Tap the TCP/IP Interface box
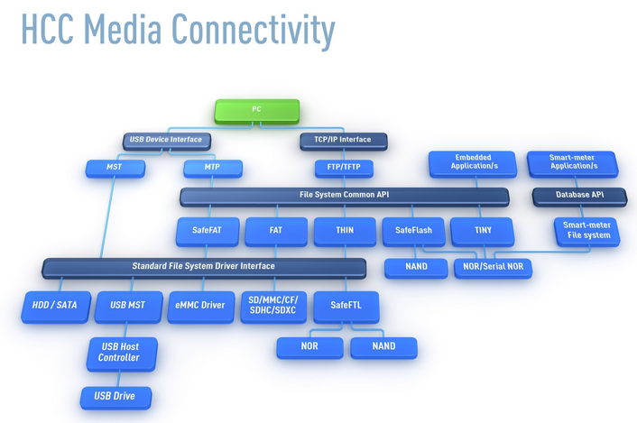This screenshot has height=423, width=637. (x=344, y=140)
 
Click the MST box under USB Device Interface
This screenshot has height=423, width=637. (x=113, y=168)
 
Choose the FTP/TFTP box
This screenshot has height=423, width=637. (x=344, y=168)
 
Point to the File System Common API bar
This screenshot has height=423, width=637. (x=345, y=195)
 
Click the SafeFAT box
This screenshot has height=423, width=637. (x=207, y=231)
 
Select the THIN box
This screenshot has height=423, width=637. (x=344, y=231)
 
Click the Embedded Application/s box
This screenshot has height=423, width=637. (x=473, y=163)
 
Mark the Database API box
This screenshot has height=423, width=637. (x=574, y=195)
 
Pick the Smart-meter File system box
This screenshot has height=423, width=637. (x=586, y=230)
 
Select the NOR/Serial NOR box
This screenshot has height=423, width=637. (x=493, y=268)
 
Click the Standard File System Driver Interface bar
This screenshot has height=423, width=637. (x=204, y=267)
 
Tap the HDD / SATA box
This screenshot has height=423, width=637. (x=55, y=306)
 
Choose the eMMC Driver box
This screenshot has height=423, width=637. (x=200, y=306)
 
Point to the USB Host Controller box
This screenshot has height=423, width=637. (x=119, y=352)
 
